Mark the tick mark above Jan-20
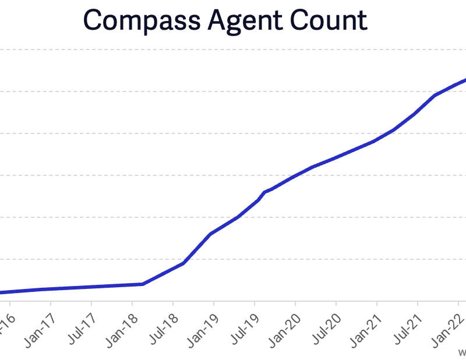[295, 304]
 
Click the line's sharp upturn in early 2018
[143, 284]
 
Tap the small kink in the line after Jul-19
[265, 192]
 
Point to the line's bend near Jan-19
[210, 234]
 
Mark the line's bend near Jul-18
[183, 263]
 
